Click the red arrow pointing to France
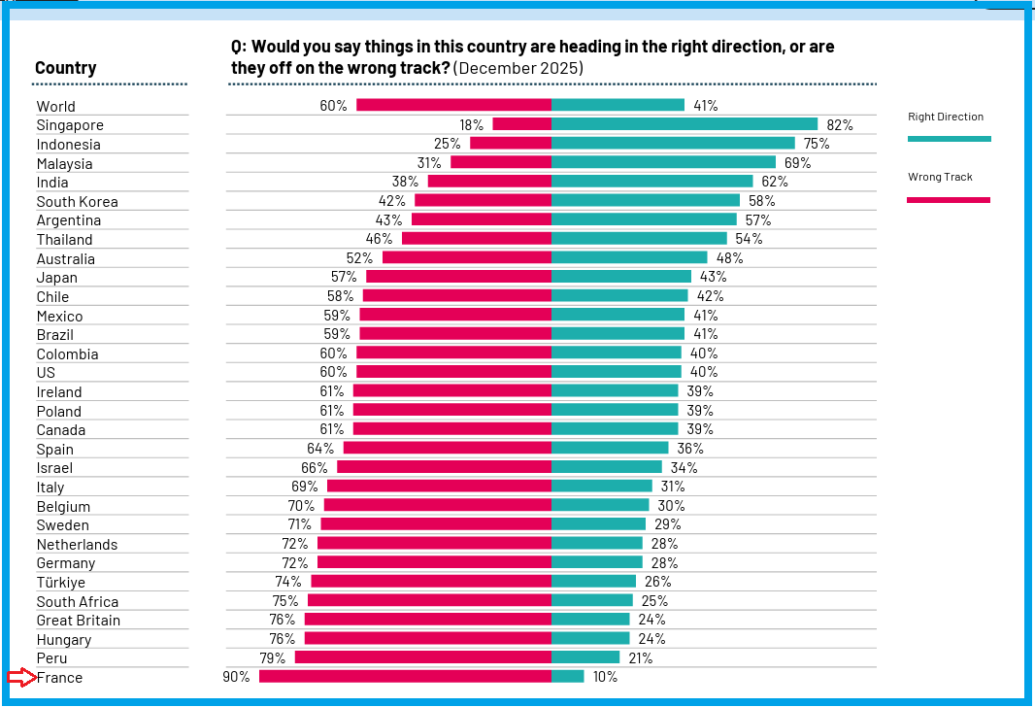click(x=21, y=677)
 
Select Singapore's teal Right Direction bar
click(x=684, y=124)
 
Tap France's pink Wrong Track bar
click(x=405, y=677)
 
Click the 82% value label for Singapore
click(x=840, y=125)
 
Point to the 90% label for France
click(x=236, y=677)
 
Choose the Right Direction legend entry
click(x=946, y=118)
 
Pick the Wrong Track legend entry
click(x=940, y=178)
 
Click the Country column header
click(x=65, y=68)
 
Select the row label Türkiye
click(x=61, y=583)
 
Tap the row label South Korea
click(x=78, y=202)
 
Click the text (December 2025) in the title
click(x=518, y=68)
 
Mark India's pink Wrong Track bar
click(x=489, y=182)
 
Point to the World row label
click(x=56, y=107)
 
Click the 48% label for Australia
click(x=729, y=258)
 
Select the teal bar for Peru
click(x=585, y=657)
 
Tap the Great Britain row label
click(x=79, y=621)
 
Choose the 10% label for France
click(x=605, y=677)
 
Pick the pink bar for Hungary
click(x=428, y=639)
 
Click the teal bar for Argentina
click(x=644, y=219)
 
